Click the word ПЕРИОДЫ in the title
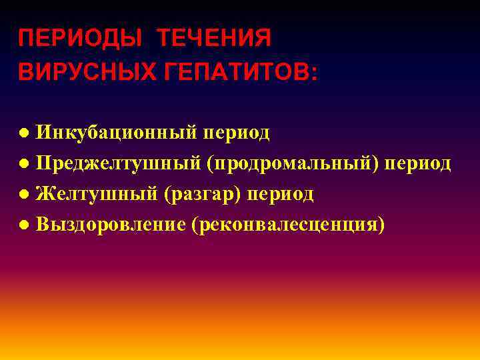pyautogui.click(x=79, y=38)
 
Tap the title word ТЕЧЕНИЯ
pyautogui.click(x=214, y=38)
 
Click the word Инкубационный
pyautogui.click(x=117, y=133)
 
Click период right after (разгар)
pyautogui.click(x=281, y=195)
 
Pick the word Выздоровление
pyautogui.click(x=111, y=225)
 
